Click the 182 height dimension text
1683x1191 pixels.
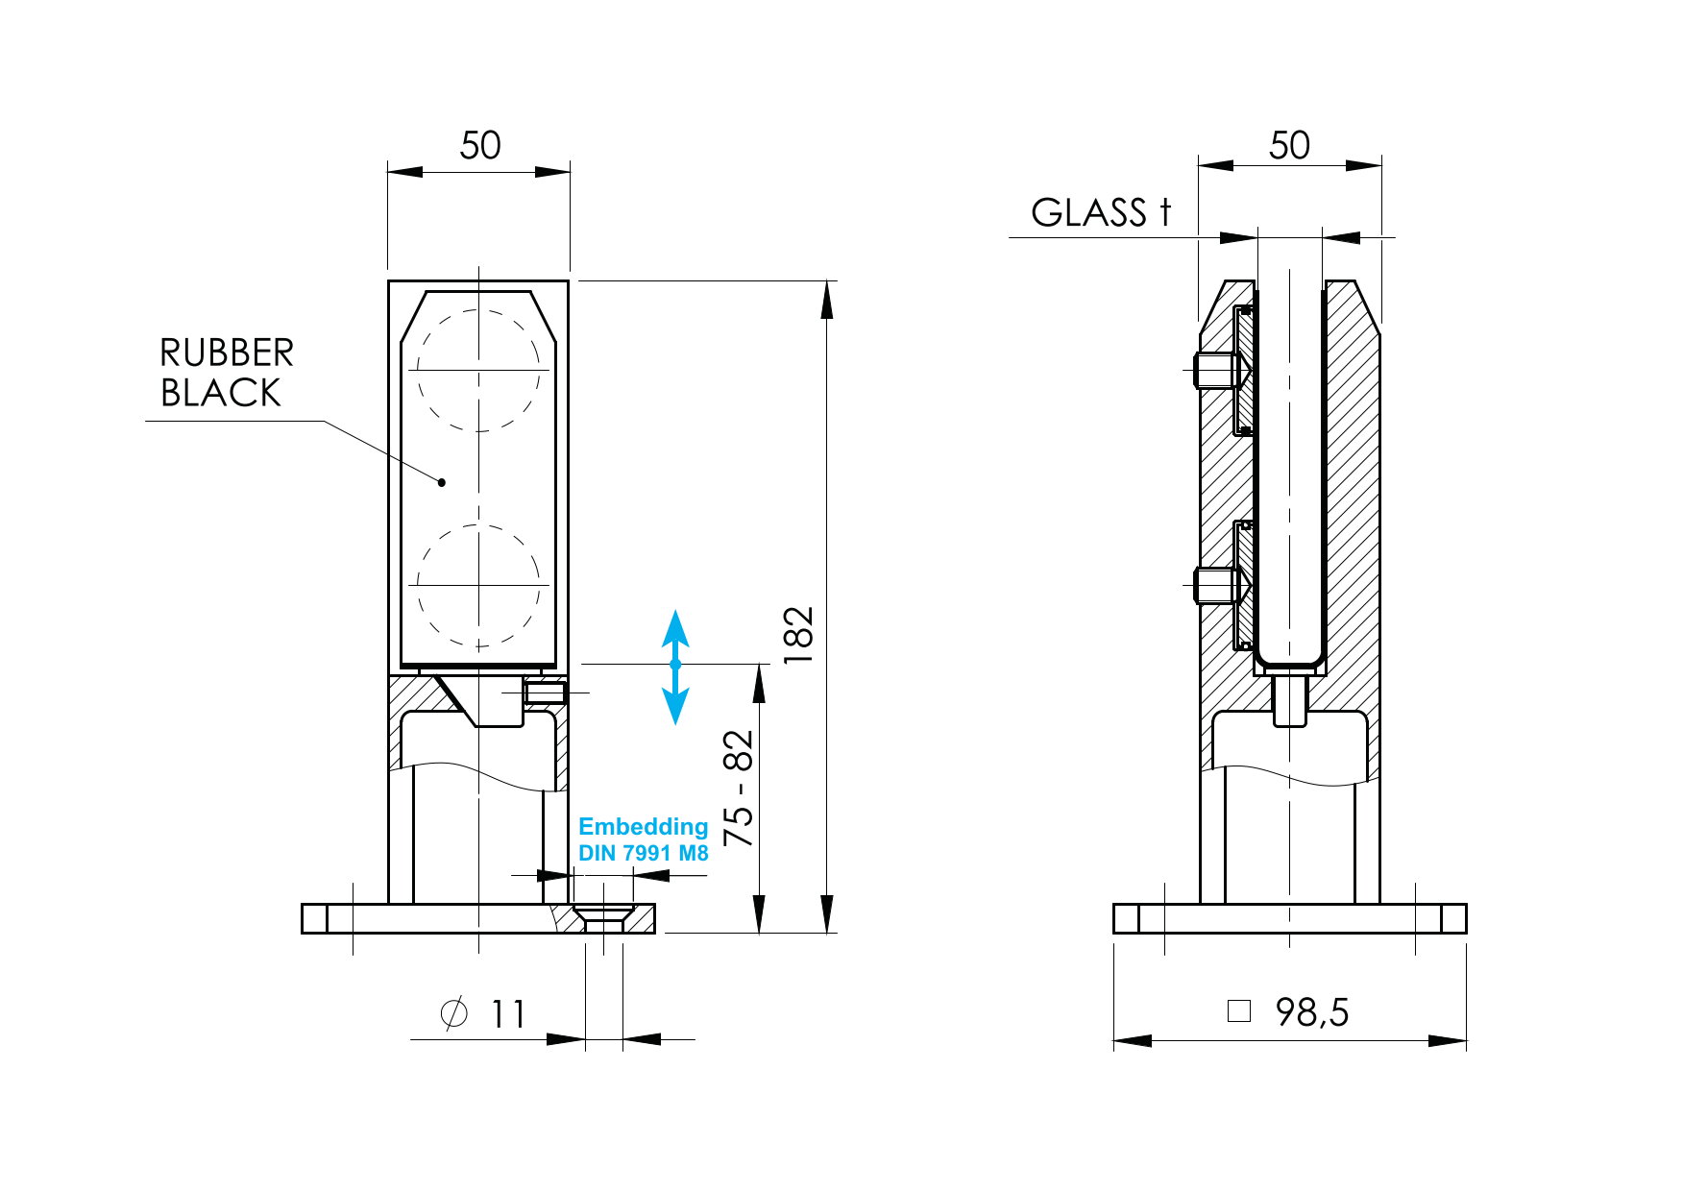pyautogui.click(x=798, y=635)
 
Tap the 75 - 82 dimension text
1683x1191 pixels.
pyautogui.click(x=739, y=788)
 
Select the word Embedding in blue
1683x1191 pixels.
pyautogui.click(x=643, y=827)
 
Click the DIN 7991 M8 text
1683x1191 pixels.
pyautogui.click(x=643, y=853)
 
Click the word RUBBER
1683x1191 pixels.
pyautogui.click(x=227, y=353)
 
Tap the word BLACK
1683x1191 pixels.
pyautogui.click(x=220, y=394)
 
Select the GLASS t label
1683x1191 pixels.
pyautogui.click(x=1101, y=213)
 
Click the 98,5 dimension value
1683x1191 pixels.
pyautogui.click(x=1311, y=1012)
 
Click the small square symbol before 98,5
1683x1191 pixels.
pyautogui.click(x=1239, y=1010)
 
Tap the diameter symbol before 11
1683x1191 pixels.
pyautogui.click(x=453, y=1013)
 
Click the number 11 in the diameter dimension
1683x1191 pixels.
pyautogui.click(x=508, y=1014)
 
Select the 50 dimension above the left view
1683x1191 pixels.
pyautogui.click(x=479, y=146)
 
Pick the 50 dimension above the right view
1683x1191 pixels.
pyautogui.click(x=1288, y=146)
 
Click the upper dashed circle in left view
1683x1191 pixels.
pyautogui.click(x=478, y=370)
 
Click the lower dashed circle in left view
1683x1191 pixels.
pyautogui.click(x=478, y=585)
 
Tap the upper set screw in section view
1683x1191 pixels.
pyautogui.click(x=1217, y=370)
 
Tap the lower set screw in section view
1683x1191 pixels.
pyautogui.click(x=1217, y=585)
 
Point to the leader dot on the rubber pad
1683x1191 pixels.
pyautogui.click(x=442, y=482)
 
